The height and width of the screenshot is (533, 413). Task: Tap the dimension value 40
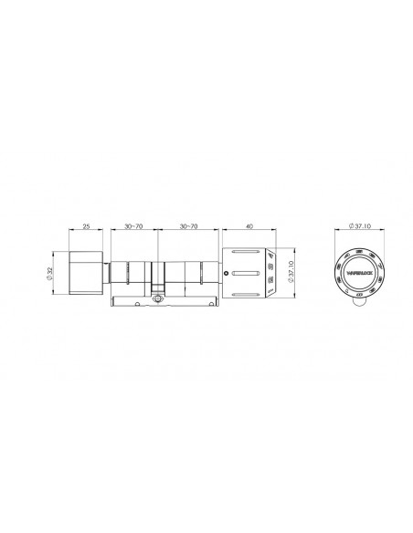pos(250,223)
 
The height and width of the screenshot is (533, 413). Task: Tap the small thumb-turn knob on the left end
pos(86,273)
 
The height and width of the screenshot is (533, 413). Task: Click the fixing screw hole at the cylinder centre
pos(159,298)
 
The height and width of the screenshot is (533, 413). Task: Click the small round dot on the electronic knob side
pos(224,271)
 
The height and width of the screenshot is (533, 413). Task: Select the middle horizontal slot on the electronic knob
pos(246,272)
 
